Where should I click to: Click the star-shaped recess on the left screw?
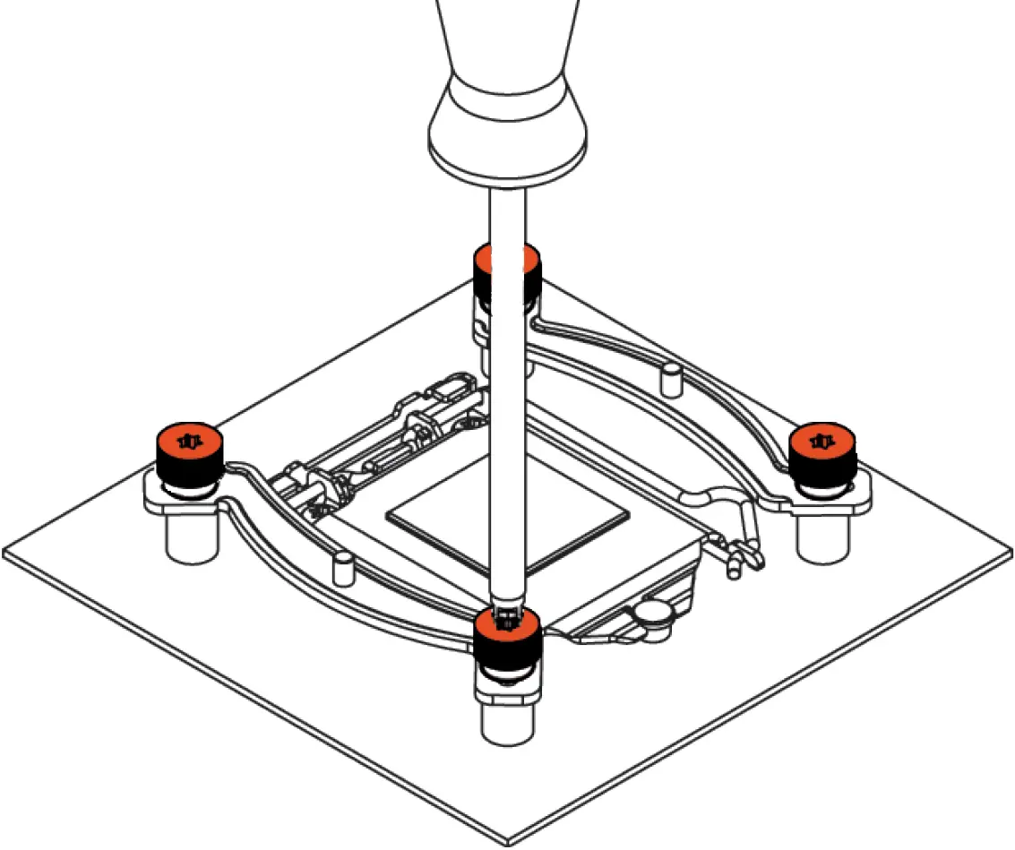coord(188,441)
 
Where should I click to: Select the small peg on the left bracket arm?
coord(342,566)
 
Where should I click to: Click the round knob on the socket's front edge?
coord(655,613)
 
